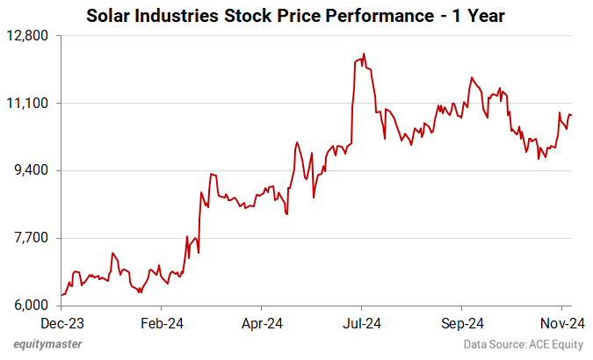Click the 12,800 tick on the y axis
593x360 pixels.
click(33, 35)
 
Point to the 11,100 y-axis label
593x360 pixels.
click(33, 103)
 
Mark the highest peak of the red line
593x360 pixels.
click(363, 54)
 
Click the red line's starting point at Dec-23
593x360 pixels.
click(61, 295)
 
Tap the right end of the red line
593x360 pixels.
click(572, 115)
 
